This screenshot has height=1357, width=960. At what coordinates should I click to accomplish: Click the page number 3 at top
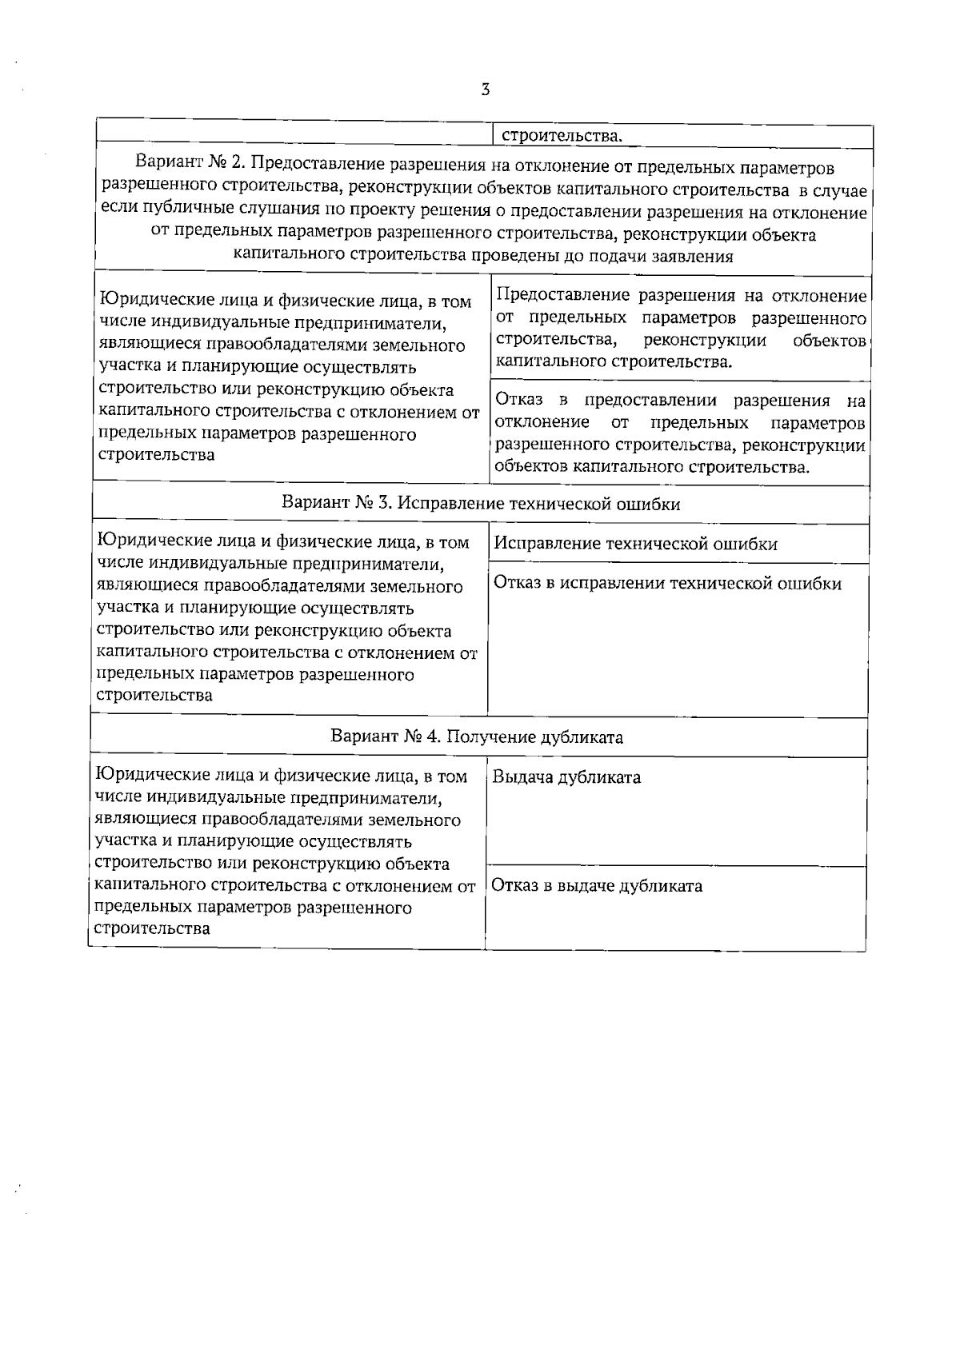pos(485,90)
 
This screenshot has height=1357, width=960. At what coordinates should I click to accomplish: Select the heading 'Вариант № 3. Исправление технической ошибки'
pos(481,504)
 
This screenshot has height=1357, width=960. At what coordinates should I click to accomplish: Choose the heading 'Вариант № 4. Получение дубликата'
pos(477,736)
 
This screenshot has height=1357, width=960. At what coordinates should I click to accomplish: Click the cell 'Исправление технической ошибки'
pos(635,545)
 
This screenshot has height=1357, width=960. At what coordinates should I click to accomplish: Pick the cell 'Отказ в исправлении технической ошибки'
pos(667,584)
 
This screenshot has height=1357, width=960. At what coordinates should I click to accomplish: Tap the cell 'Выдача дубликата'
pos(566,777)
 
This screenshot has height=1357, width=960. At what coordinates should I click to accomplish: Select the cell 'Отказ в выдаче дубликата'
pos(597,886)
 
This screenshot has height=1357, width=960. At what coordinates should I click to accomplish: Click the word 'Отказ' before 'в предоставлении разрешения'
pos(518,400)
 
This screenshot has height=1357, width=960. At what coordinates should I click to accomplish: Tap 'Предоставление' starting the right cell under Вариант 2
pos(563,297)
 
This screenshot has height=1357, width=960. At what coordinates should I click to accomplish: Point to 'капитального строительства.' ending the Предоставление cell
pos(613,362)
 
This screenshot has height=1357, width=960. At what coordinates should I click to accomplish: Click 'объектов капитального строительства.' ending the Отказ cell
pos(652,467)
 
